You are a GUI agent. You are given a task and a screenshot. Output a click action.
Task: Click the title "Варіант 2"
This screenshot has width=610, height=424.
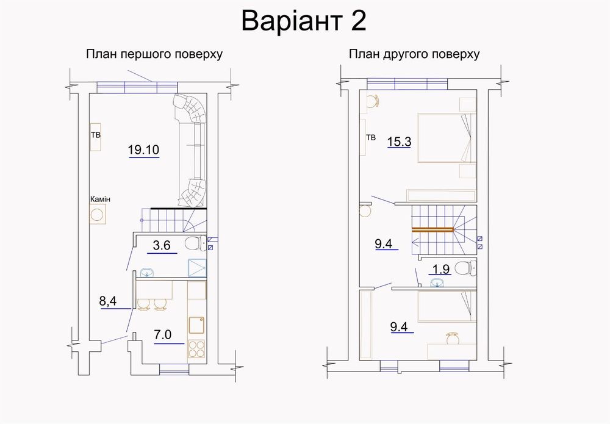tap(304, 21)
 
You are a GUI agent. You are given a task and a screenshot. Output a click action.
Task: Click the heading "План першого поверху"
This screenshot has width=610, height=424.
tap(154, 54)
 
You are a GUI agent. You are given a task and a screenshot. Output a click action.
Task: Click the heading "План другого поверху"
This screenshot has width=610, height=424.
tap(414, 54)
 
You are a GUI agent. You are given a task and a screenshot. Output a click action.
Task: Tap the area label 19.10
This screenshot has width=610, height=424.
tap(144, 149)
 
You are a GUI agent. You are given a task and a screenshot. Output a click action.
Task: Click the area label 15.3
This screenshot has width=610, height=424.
tap(400, 142)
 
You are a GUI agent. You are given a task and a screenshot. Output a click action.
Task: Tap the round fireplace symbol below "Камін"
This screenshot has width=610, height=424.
tap(98, 214)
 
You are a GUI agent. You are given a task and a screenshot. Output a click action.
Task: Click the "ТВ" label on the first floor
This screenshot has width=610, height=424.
tap(95, 134)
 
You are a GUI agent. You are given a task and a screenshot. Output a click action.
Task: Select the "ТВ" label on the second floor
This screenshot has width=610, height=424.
tap(370, 138)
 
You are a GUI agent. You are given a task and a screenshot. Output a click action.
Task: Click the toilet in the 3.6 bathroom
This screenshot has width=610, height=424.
tap(195, 242)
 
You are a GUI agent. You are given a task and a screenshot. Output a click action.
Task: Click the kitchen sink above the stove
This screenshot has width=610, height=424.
tap(197, 324)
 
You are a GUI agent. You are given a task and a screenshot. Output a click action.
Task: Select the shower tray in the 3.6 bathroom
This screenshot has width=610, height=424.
tap(197, 266)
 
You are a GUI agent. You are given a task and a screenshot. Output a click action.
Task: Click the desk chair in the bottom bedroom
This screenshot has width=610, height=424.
tap(452, 336)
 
